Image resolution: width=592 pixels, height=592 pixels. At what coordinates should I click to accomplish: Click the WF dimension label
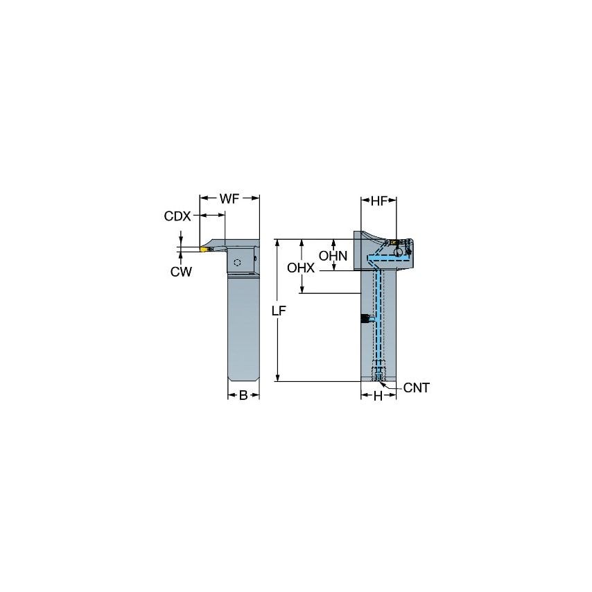pos(229,199)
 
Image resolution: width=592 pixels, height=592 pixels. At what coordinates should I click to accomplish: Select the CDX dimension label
pos(177,216)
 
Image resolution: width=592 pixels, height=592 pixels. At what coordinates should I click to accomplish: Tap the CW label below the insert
pos(181,272)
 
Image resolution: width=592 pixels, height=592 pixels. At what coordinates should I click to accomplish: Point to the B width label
pos(243,396)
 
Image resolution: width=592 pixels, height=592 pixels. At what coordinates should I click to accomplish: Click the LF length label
pos(278,311)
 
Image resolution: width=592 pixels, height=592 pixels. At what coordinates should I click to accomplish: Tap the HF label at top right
pos(378,201)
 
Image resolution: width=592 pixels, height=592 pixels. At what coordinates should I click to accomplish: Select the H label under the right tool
pos(378,396)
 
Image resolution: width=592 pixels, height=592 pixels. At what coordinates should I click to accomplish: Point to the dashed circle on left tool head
pos(238,263)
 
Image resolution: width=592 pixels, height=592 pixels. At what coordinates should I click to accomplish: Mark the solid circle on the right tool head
pos(399,252)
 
